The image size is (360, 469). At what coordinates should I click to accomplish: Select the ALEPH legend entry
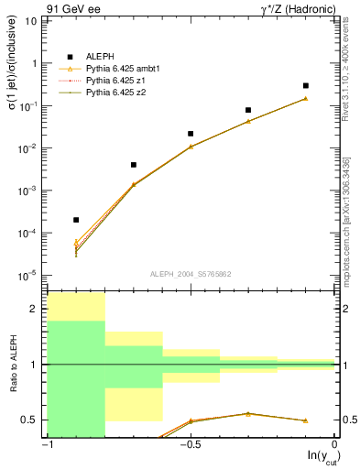click(101, 57)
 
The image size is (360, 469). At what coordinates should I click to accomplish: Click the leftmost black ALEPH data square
click(76, 220)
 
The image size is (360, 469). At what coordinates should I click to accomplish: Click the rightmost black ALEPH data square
click(305, 85)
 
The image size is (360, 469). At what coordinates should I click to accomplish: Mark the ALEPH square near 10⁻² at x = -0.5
click(191, 134)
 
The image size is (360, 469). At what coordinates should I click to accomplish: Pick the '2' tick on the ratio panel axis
click(36, 310)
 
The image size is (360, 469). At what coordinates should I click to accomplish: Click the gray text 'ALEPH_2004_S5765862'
click(190, 274)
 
